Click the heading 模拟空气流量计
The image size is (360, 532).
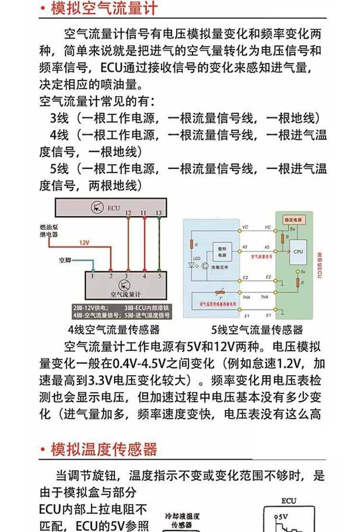104,9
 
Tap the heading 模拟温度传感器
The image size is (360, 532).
104,449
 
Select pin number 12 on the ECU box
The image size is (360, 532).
128,213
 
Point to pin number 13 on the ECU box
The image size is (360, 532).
159,213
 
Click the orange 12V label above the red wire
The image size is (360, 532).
84,243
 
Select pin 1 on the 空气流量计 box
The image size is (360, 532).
93,276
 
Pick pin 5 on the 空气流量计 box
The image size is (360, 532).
159,276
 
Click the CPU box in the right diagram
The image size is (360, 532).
298,251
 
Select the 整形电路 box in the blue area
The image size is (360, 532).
222,252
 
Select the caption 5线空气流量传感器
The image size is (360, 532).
257,330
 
